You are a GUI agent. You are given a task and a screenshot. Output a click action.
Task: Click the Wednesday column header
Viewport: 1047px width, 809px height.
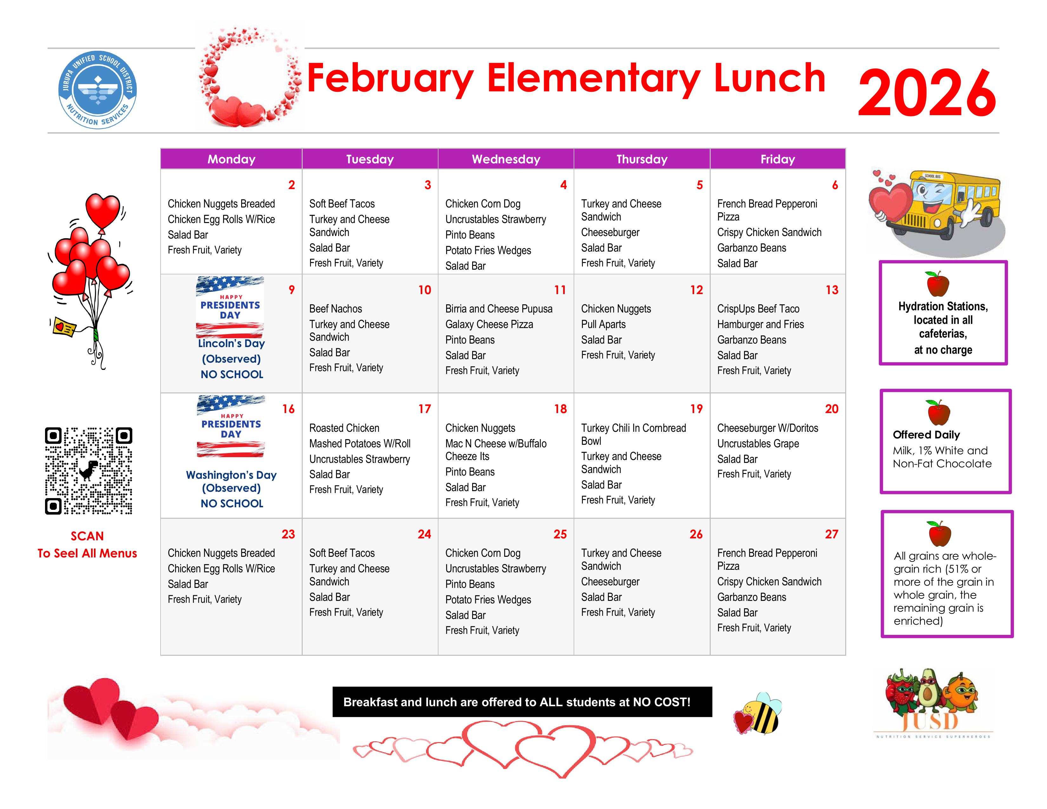click(x=506, y=159)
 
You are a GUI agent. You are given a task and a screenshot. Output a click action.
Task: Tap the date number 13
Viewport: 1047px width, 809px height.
click(x=832, y=290)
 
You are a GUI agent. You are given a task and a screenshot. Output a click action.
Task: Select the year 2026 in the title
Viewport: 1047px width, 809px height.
click(x=927, y=93)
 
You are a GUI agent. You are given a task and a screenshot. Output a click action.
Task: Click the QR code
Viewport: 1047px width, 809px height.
click(x=89, y=470)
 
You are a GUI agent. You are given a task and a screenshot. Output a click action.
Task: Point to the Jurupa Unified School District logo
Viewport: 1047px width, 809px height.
click(x=98, y=89)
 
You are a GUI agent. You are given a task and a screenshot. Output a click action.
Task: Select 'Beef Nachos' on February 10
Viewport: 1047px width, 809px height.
click(x=336, y=309)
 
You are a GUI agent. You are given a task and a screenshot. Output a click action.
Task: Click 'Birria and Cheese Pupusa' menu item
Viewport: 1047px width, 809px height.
click(x=498, y=309)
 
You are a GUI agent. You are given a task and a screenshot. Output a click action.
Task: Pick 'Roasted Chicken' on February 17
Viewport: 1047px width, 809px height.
click(x=344, y=428)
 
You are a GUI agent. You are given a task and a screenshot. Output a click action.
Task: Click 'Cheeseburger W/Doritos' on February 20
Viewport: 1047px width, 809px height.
click(x=767, y=428)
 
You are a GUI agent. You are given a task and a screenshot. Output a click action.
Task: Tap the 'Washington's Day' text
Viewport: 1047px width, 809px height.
click(x=231, y=475)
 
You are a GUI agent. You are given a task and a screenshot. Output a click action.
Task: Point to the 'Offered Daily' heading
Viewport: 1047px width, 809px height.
click(x=926, y=435)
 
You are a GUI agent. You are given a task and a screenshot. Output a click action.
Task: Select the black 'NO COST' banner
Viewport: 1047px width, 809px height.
click(x=522, y=702)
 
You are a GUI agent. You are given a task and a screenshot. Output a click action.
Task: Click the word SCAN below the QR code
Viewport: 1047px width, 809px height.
click(x=87, y=536)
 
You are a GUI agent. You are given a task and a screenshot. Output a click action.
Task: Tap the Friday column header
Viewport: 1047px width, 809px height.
click(x=778, y=159)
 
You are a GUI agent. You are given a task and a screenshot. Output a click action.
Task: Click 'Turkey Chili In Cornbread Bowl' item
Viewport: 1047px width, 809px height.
click(x=633, y=434)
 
